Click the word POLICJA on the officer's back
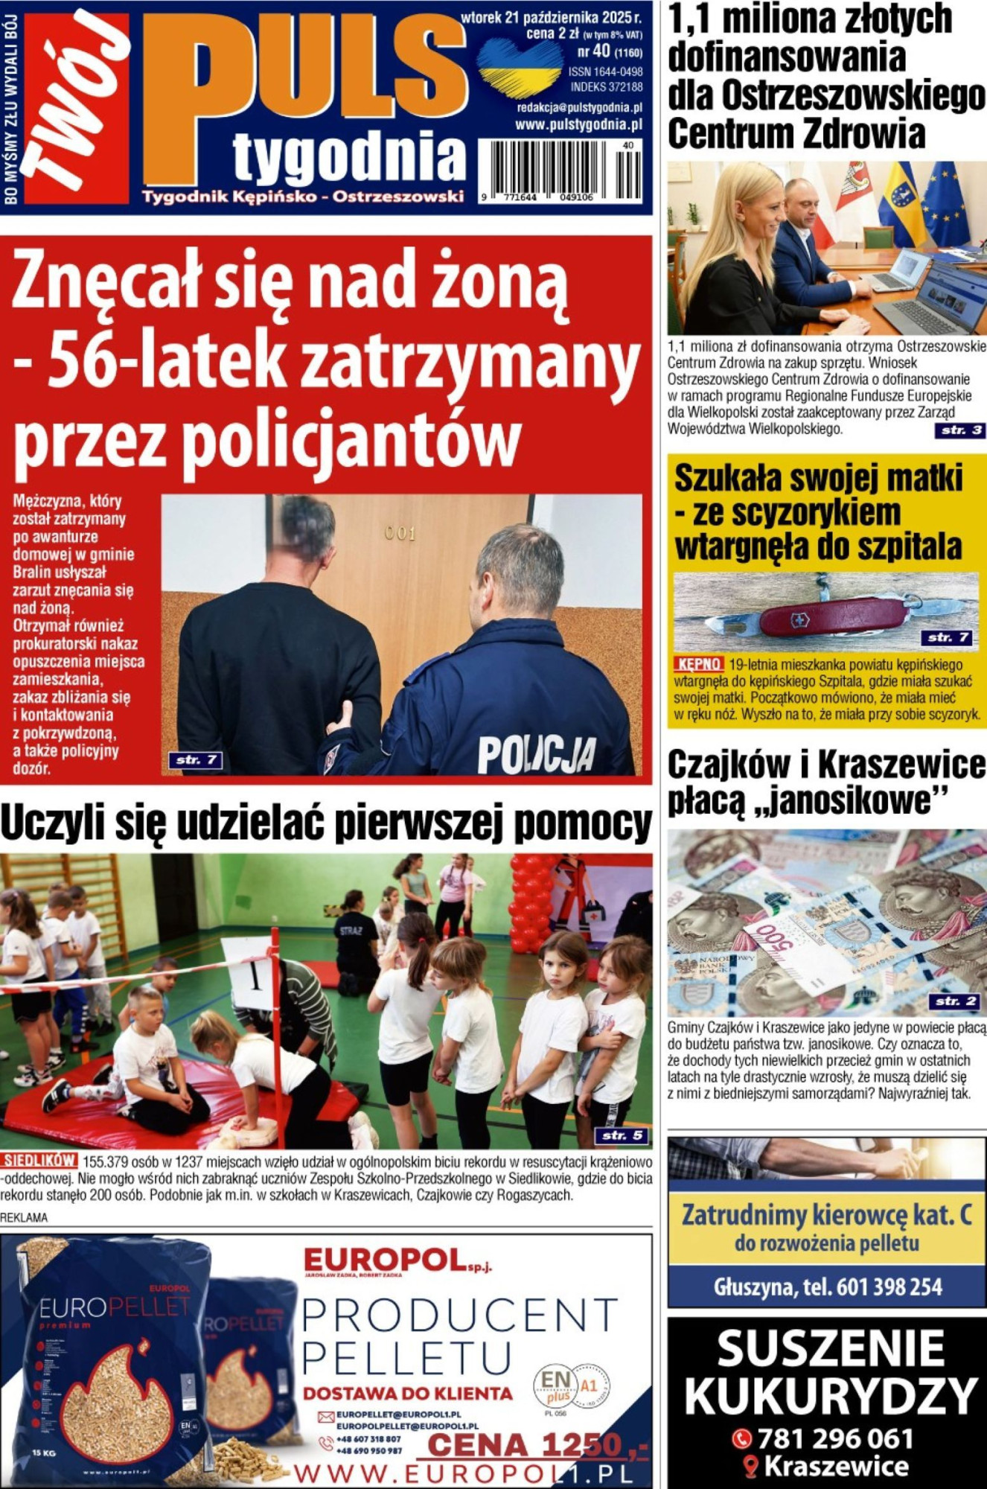(536, 753)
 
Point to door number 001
(400, 533)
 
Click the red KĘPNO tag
(698, 664)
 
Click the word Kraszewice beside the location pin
(836, 1467)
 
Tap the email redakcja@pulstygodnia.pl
(579, 108)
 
